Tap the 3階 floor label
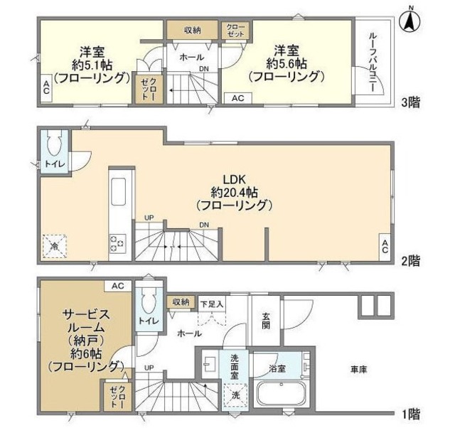coord(409,102)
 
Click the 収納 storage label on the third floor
coord(193,30)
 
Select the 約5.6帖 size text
coord(283,63)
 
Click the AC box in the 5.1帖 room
coord(45,87)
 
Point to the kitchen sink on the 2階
coord(118,190)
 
